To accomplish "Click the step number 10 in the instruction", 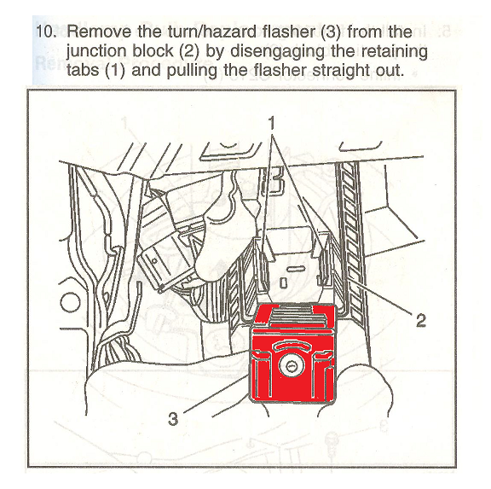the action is click(x=46, y=32).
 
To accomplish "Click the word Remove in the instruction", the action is click(x=100, y=32).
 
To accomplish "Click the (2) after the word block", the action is click(x=189, y=51).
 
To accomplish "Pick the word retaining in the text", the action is click(x=394, y=51).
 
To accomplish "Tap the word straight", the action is click(x=340, y=71).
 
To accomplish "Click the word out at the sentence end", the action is click(x=389, y=71).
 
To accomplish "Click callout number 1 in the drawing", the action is click(x=272, y=123).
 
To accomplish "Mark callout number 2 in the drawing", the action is click(x=421, y=320).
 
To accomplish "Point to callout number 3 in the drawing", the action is click(x=173, y=418).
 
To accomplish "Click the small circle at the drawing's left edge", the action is click(x=70, y=302).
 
